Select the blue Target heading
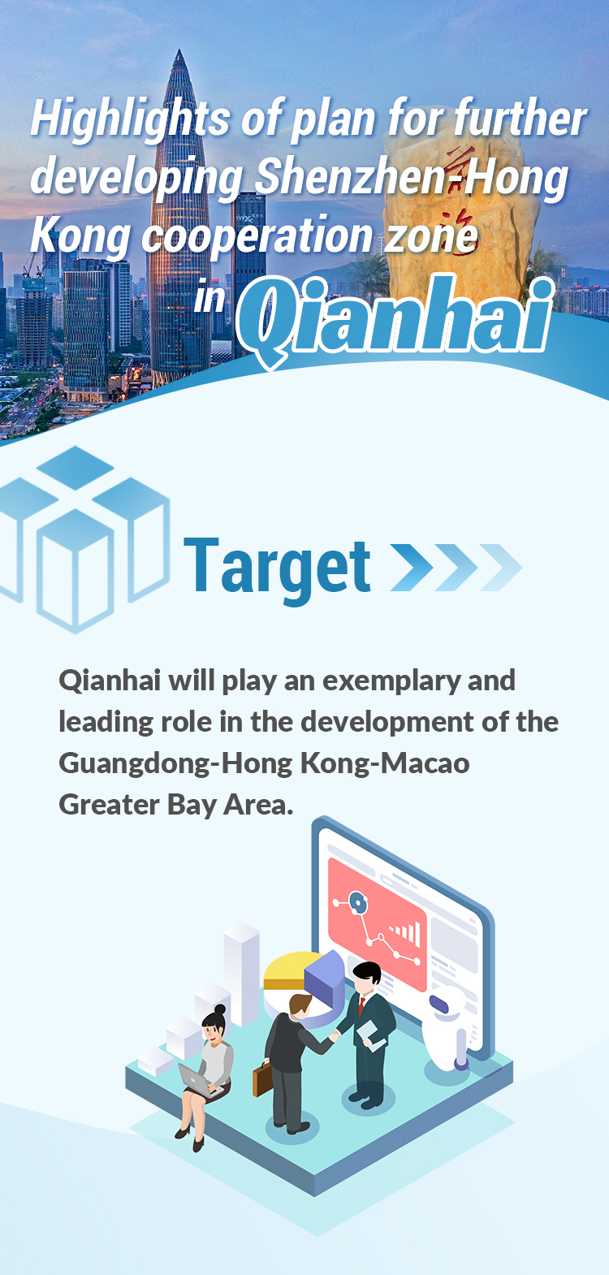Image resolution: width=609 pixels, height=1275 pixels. (277, 567)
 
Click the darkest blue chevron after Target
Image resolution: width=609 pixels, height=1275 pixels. (411, 567)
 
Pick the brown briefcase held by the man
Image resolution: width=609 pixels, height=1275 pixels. (261, 1078)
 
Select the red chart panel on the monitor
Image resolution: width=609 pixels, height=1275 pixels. (377, 923)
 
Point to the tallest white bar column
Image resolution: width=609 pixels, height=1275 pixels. (241, 974)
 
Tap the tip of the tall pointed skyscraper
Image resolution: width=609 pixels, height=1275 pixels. (179, 50)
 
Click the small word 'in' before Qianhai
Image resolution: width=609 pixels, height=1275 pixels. (209, 298)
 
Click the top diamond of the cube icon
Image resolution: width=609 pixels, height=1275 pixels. (76, 467)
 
